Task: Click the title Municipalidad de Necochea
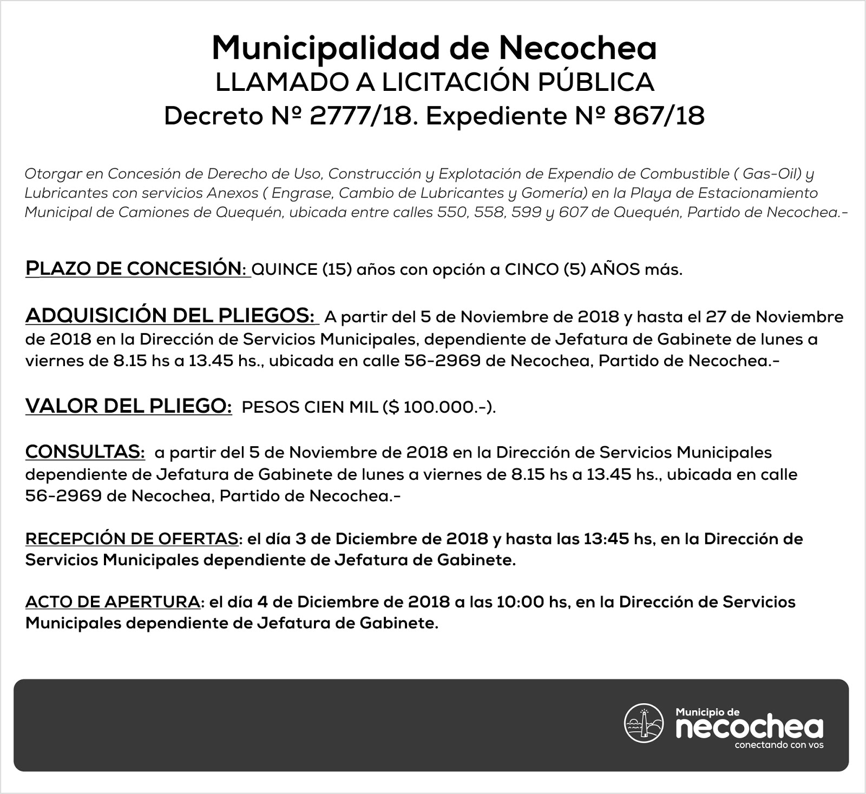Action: [x=434, y=48]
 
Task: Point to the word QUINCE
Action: [x=285, y=269]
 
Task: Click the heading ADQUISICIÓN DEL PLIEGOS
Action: [x=169, y=316]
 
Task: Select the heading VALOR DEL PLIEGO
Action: [x=129, y=406]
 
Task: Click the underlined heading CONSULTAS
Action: [x=85, y=452]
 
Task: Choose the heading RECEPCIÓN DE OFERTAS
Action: [x=132, y=539]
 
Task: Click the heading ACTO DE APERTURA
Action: [x=113, y=601]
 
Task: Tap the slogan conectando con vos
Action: [x=779, y=745]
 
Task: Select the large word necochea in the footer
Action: [x=750, y=728]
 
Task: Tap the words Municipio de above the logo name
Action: [x=708, y=712]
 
